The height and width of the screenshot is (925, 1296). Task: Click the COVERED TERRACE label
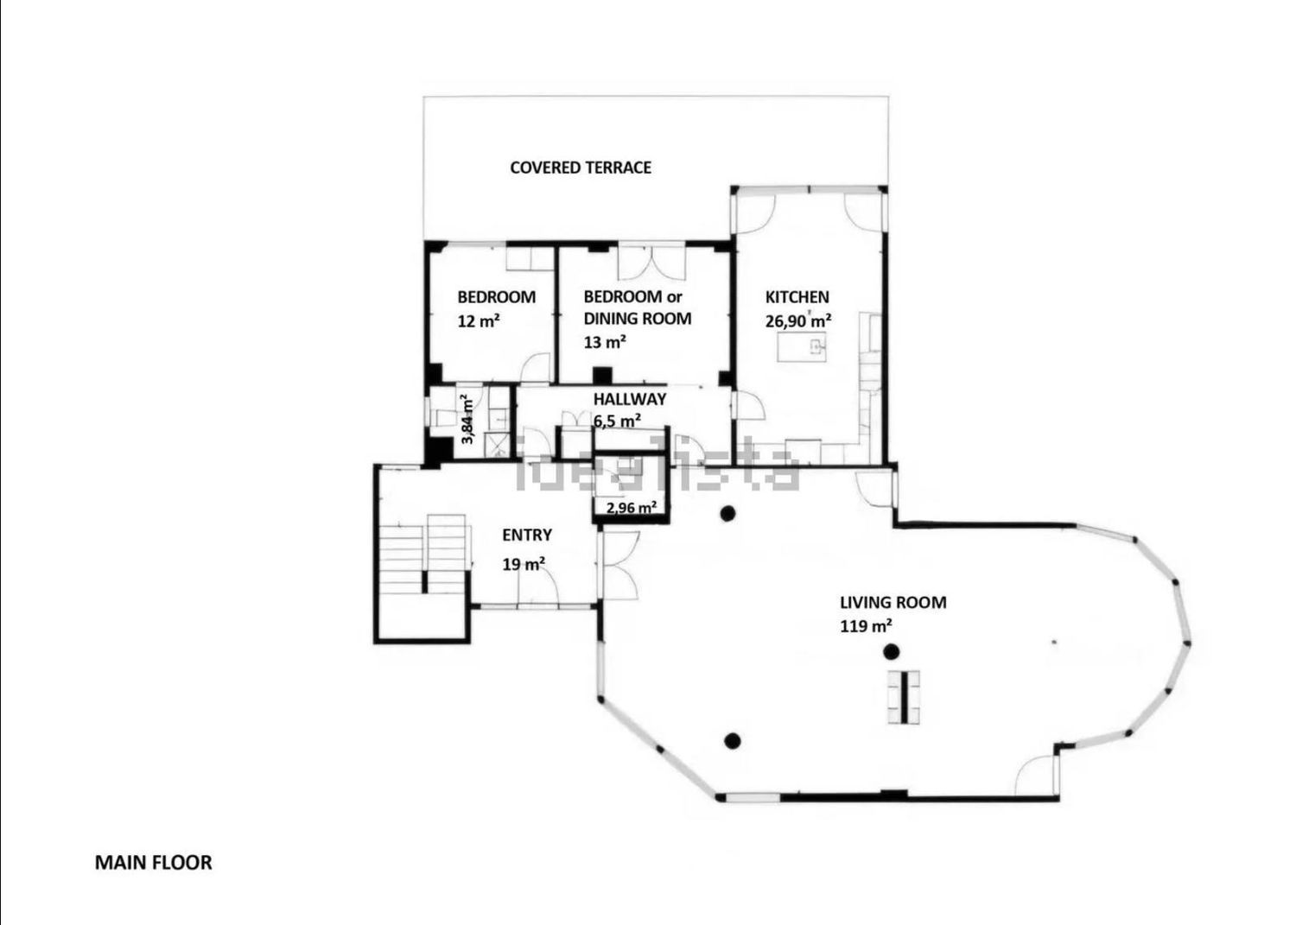[x=581, y=168]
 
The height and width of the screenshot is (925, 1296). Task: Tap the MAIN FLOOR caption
[x=153, y=863]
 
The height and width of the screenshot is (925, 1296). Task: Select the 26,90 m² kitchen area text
[x=798, y=320]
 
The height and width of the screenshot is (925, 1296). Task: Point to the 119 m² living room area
[x=866, y=626]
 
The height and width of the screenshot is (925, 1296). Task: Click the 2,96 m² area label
[x=632, y=508]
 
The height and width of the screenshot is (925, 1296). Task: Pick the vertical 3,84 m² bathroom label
[x=467, y=420]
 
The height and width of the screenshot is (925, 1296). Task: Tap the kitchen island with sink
[x=801, y=347]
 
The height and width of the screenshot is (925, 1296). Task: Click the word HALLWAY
[x=630, y=399]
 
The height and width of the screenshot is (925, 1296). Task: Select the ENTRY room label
[x=526, y=535]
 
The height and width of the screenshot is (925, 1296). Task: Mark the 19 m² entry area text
[x=524, y=564]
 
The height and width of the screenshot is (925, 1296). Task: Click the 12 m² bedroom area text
[x=479, y=321]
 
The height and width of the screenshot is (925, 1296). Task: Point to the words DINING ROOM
[x=637, y=319]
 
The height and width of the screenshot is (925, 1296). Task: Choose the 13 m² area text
[x=605, y=343]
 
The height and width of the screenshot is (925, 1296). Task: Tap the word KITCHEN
[x=797, y=297]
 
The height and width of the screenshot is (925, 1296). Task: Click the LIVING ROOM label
[x=893, y=603]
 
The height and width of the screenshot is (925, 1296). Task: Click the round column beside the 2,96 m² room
[x=727, y=513]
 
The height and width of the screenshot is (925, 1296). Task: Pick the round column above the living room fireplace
[x=892, y=652]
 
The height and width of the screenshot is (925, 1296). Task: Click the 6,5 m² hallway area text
[x=618, y=421]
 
